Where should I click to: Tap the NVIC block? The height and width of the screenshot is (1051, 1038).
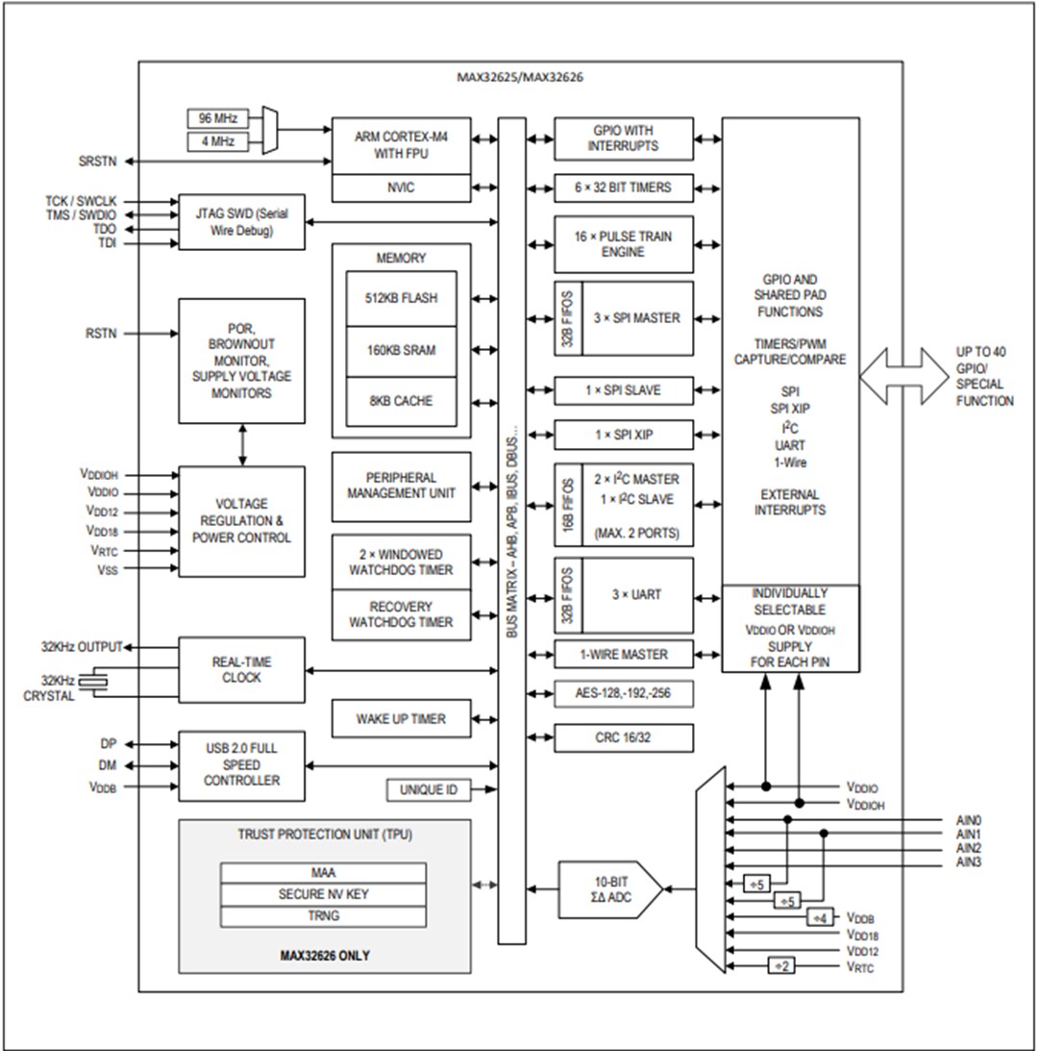tap(401, 188)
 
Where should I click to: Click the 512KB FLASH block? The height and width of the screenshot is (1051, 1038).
tap(401, 298)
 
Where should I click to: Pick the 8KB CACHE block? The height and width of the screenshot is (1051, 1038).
tap(401, 400)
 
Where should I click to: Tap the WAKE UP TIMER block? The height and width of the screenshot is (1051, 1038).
tap(401, 718)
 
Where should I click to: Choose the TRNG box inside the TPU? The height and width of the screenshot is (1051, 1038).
tap(323, 915)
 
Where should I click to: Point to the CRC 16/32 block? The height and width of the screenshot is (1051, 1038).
tap(623, 738)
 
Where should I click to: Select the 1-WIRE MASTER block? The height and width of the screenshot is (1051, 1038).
tap(623, 654)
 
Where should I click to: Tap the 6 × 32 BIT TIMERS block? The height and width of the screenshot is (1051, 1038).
tap(623, 188)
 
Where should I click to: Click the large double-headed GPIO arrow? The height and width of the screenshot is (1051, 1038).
tap(902, 375)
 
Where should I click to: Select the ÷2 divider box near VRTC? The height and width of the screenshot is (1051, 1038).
tap(781, 965)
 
